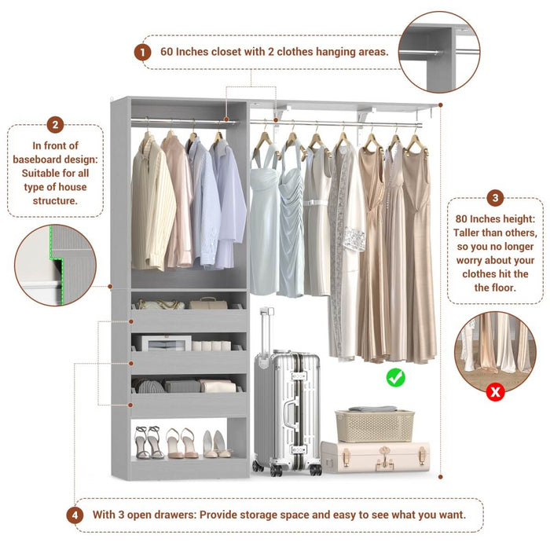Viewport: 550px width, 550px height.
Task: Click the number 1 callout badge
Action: pos(142,52)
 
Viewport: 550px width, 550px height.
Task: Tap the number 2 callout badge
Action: pos(55,125)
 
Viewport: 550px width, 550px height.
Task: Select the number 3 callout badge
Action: pos(495,198)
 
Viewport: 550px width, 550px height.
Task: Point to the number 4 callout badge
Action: pos(75,515)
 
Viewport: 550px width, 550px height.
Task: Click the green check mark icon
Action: pos(396,378)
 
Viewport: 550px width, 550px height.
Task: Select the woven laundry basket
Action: pos(372,424)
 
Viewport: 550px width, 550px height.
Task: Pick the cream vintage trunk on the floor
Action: pos(376,457)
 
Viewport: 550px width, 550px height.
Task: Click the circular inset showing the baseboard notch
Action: pos(55,265)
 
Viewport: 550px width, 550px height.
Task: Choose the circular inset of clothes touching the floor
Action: pos(495,352)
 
